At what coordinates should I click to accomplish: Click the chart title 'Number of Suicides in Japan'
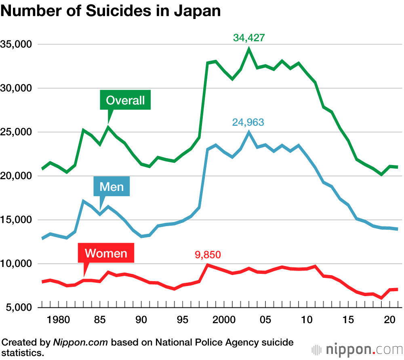pos(111,11)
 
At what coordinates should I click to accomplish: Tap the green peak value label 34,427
pos(249,38)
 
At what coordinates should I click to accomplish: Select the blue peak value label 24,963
pos(248,122)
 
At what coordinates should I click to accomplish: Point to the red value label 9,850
pos(208,255)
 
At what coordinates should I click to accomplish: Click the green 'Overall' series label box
pos(125,100)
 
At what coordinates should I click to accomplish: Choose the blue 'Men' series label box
pos(112,186)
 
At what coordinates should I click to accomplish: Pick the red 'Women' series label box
pos(106,254)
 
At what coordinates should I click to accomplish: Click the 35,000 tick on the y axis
pos(17,44)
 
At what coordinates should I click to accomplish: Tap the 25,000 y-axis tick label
pos(17,132)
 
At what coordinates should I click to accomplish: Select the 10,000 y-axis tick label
pos(17,264)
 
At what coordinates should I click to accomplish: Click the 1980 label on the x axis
pos(59,320)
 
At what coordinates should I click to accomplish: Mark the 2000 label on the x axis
pos(224,320)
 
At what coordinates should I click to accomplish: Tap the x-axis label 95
pos(183,320)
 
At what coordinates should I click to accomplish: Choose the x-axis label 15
pos(348,320)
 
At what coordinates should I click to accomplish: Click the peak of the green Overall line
pos(249,49)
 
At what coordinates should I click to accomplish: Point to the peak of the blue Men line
pos(249,132)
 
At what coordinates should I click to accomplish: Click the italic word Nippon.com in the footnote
pos(80,342)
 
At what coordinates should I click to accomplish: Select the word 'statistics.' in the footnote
pos(23,352)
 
